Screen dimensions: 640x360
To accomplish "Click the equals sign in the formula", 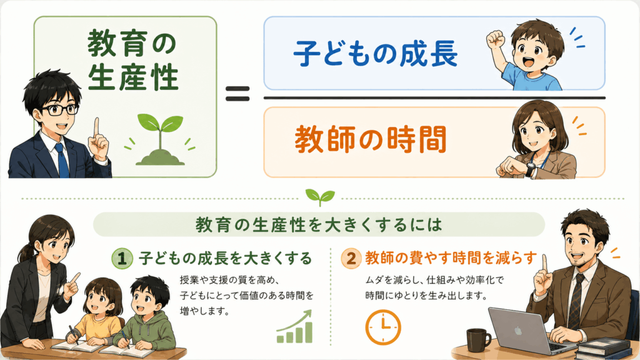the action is click(237, 94).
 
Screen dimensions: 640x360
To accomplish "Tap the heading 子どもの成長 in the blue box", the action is click(376, 54).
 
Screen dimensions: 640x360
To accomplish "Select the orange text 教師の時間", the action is click(371, 139).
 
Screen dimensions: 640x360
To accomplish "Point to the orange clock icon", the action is click(383, 327).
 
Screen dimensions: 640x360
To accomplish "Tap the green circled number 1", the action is click(122, 258).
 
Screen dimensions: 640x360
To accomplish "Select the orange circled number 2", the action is click(351, 258).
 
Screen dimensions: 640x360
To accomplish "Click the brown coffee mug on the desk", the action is click(478, 340).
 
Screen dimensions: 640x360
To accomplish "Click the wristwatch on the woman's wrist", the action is click(530, 169).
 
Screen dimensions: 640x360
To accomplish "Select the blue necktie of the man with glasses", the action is click(62, 160).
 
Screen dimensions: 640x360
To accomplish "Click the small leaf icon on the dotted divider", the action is click(320, 197).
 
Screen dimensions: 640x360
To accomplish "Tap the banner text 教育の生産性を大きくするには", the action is click(319, 224).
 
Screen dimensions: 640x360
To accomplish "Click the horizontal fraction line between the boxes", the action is click(434, 98).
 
